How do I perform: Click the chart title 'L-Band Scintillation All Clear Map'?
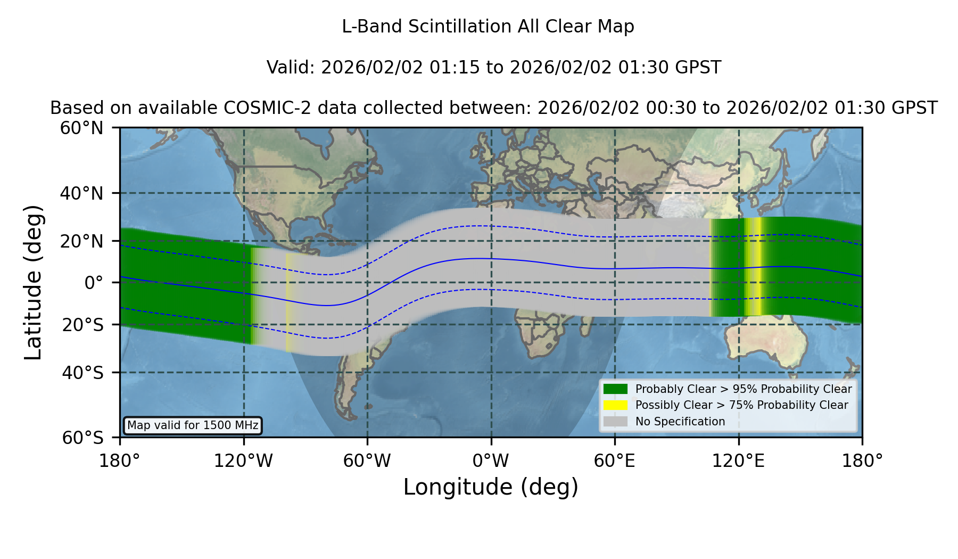[x=488, y=27]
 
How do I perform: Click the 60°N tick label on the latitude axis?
[x=81, y=128]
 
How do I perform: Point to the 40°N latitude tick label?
[x=81, y=193]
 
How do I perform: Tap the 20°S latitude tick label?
[x=83, y=325]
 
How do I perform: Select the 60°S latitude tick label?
[x=83, y=438]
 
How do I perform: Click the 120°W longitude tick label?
[x=243, y=461]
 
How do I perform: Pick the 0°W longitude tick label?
[x=491, y=461]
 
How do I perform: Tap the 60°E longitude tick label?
[x=615, y=461]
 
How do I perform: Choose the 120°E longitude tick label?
[x=738, y=461]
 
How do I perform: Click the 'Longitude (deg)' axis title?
[x=491, y=487]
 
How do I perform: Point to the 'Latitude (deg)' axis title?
[x=33, y=282]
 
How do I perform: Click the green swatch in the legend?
[x=615, y=389]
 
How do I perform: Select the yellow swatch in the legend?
[x=615, y=405]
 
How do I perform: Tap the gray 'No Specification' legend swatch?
[x=615, y=422]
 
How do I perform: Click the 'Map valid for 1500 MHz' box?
[x=193, y=425]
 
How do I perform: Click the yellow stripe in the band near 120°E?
[x=753, y=267]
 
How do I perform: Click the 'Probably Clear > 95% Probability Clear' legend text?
[x=744, y=389]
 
